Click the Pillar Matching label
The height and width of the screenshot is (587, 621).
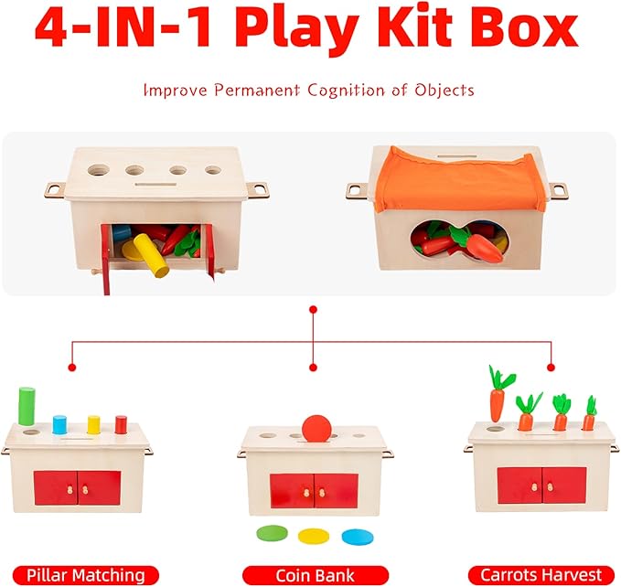click(x=86, y=575)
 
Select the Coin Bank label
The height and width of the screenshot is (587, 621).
click(x=309, y=575)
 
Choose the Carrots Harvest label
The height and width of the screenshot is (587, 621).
click(x=535, y=575)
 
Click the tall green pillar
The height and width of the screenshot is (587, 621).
click(x=27, y=406)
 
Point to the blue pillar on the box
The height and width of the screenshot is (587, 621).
click(x=60, y=423)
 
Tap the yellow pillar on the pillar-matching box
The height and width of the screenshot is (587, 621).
click(x=93, y=424)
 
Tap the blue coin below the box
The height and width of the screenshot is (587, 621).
click(x=353, y=536)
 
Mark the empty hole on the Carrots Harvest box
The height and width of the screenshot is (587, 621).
click(x=495, y=428)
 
